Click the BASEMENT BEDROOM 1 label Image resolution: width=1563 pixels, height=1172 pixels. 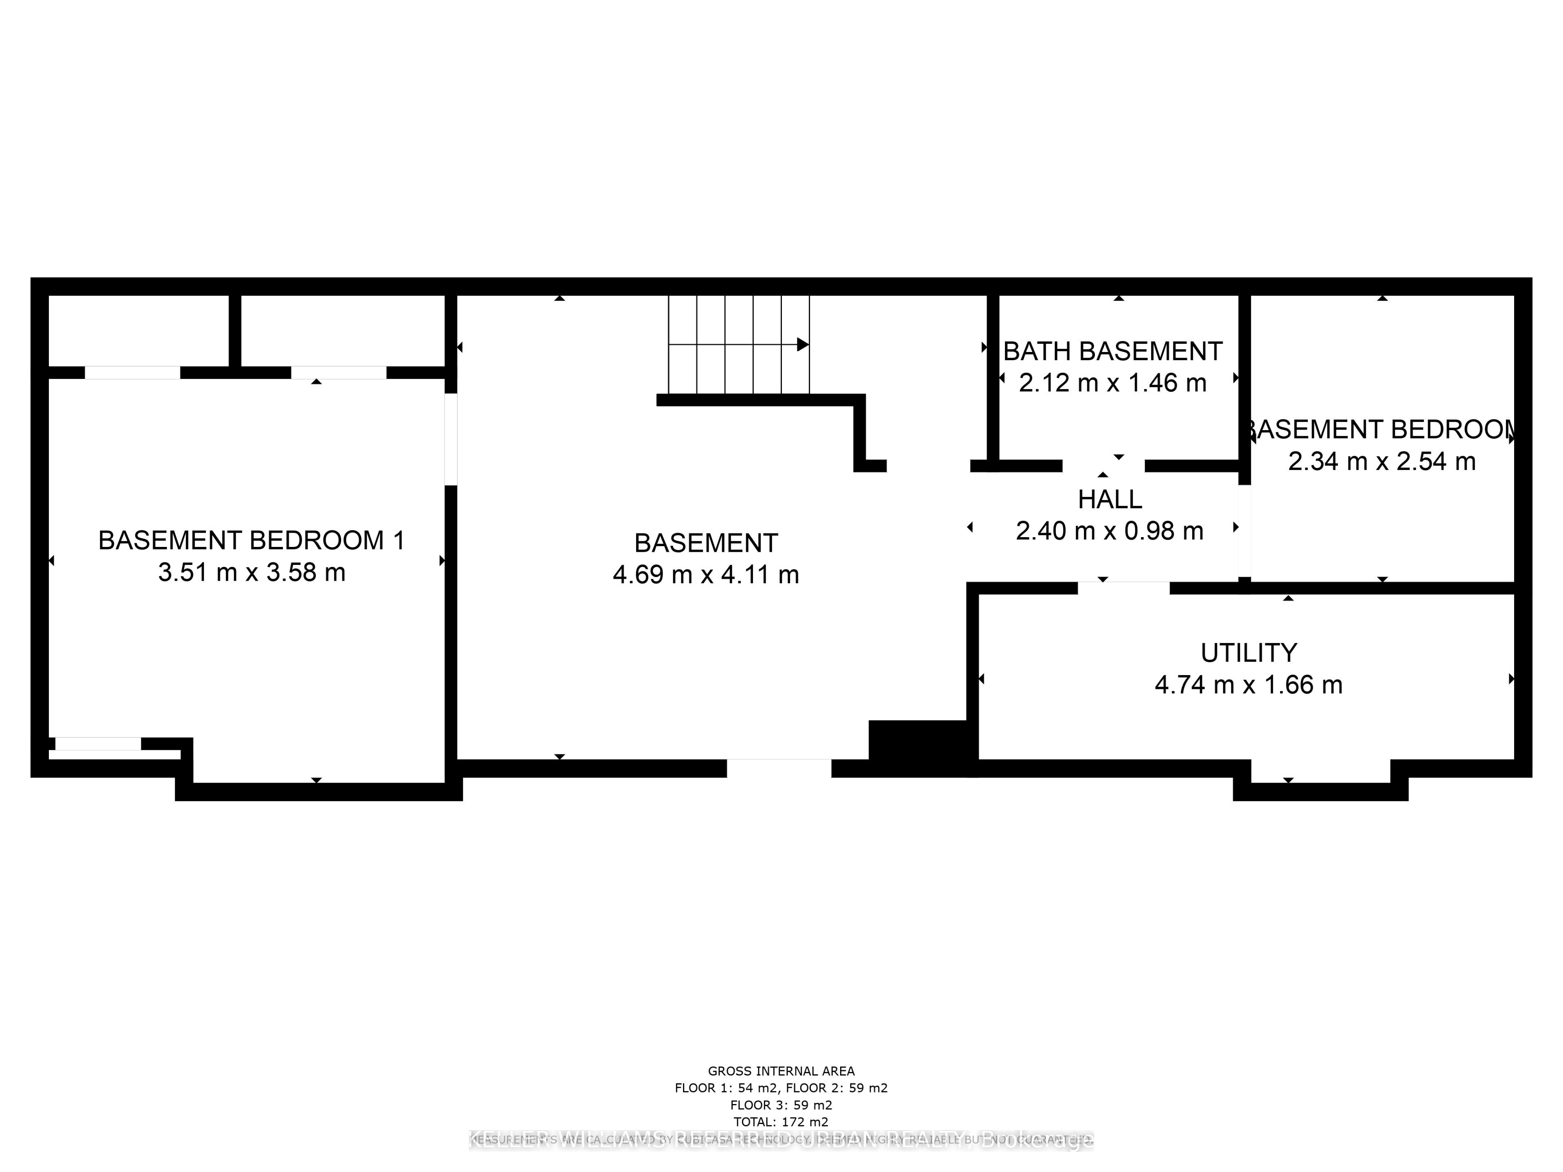(252, 540)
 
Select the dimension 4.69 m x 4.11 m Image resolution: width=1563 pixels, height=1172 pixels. (706, 574)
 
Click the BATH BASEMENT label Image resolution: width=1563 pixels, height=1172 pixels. (1113, 351)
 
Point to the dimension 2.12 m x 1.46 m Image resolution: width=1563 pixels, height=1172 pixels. (1113, 383)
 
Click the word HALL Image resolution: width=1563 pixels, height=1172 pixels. (1109, 499)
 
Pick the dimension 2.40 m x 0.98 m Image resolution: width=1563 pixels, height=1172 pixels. (1109, 531)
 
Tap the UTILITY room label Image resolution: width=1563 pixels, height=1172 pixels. (1248, 653)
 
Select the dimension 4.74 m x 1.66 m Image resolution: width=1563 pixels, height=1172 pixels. (1248, 684)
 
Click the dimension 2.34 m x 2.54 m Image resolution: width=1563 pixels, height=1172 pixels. (1381, 461)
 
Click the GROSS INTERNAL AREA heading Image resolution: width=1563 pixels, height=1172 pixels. (781, 1071)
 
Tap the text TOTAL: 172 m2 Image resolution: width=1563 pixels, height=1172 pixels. (781, 1122)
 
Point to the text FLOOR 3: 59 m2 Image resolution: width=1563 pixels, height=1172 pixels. (781, 1105)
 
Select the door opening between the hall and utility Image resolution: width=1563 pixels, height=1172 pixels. (1123, 588)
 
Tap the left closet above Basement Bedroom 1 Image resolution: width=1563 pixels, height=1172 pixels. (138, 330)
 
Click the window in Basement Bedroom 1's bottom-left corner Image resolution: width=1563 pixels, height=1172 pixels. (98, 743)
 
